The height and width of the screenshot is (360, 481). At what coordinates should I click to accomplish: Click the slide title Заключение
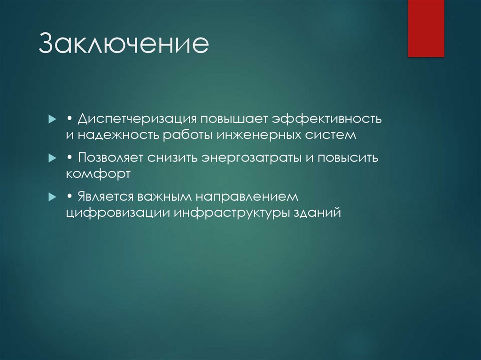(x=123, y=44)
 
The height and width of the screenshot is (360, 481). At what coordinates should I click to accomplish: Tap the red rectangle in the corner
(x=426, y=28)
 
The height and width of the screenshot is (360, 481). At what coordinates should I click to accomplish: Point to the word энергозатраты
(x=251, y=158)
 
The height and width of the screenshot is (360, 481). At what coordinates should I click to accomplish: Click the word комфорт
(x=97, y=174)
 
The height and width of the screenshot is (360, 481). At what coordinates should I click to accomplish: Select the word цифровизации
(x=117, y=212)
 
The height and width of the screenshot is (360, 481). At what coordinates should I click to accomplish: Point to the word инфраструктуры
(x=230, y=212)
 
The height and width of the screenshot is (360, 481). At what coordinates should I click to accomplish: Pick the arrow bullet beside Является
(x=52, y=197)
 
